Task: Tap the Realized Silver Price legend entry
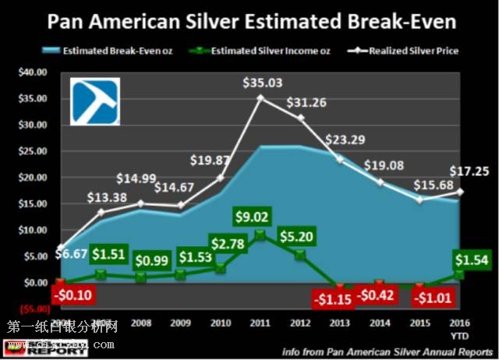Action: point(410,51)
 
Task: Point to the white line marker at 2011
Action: point(260,97)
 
